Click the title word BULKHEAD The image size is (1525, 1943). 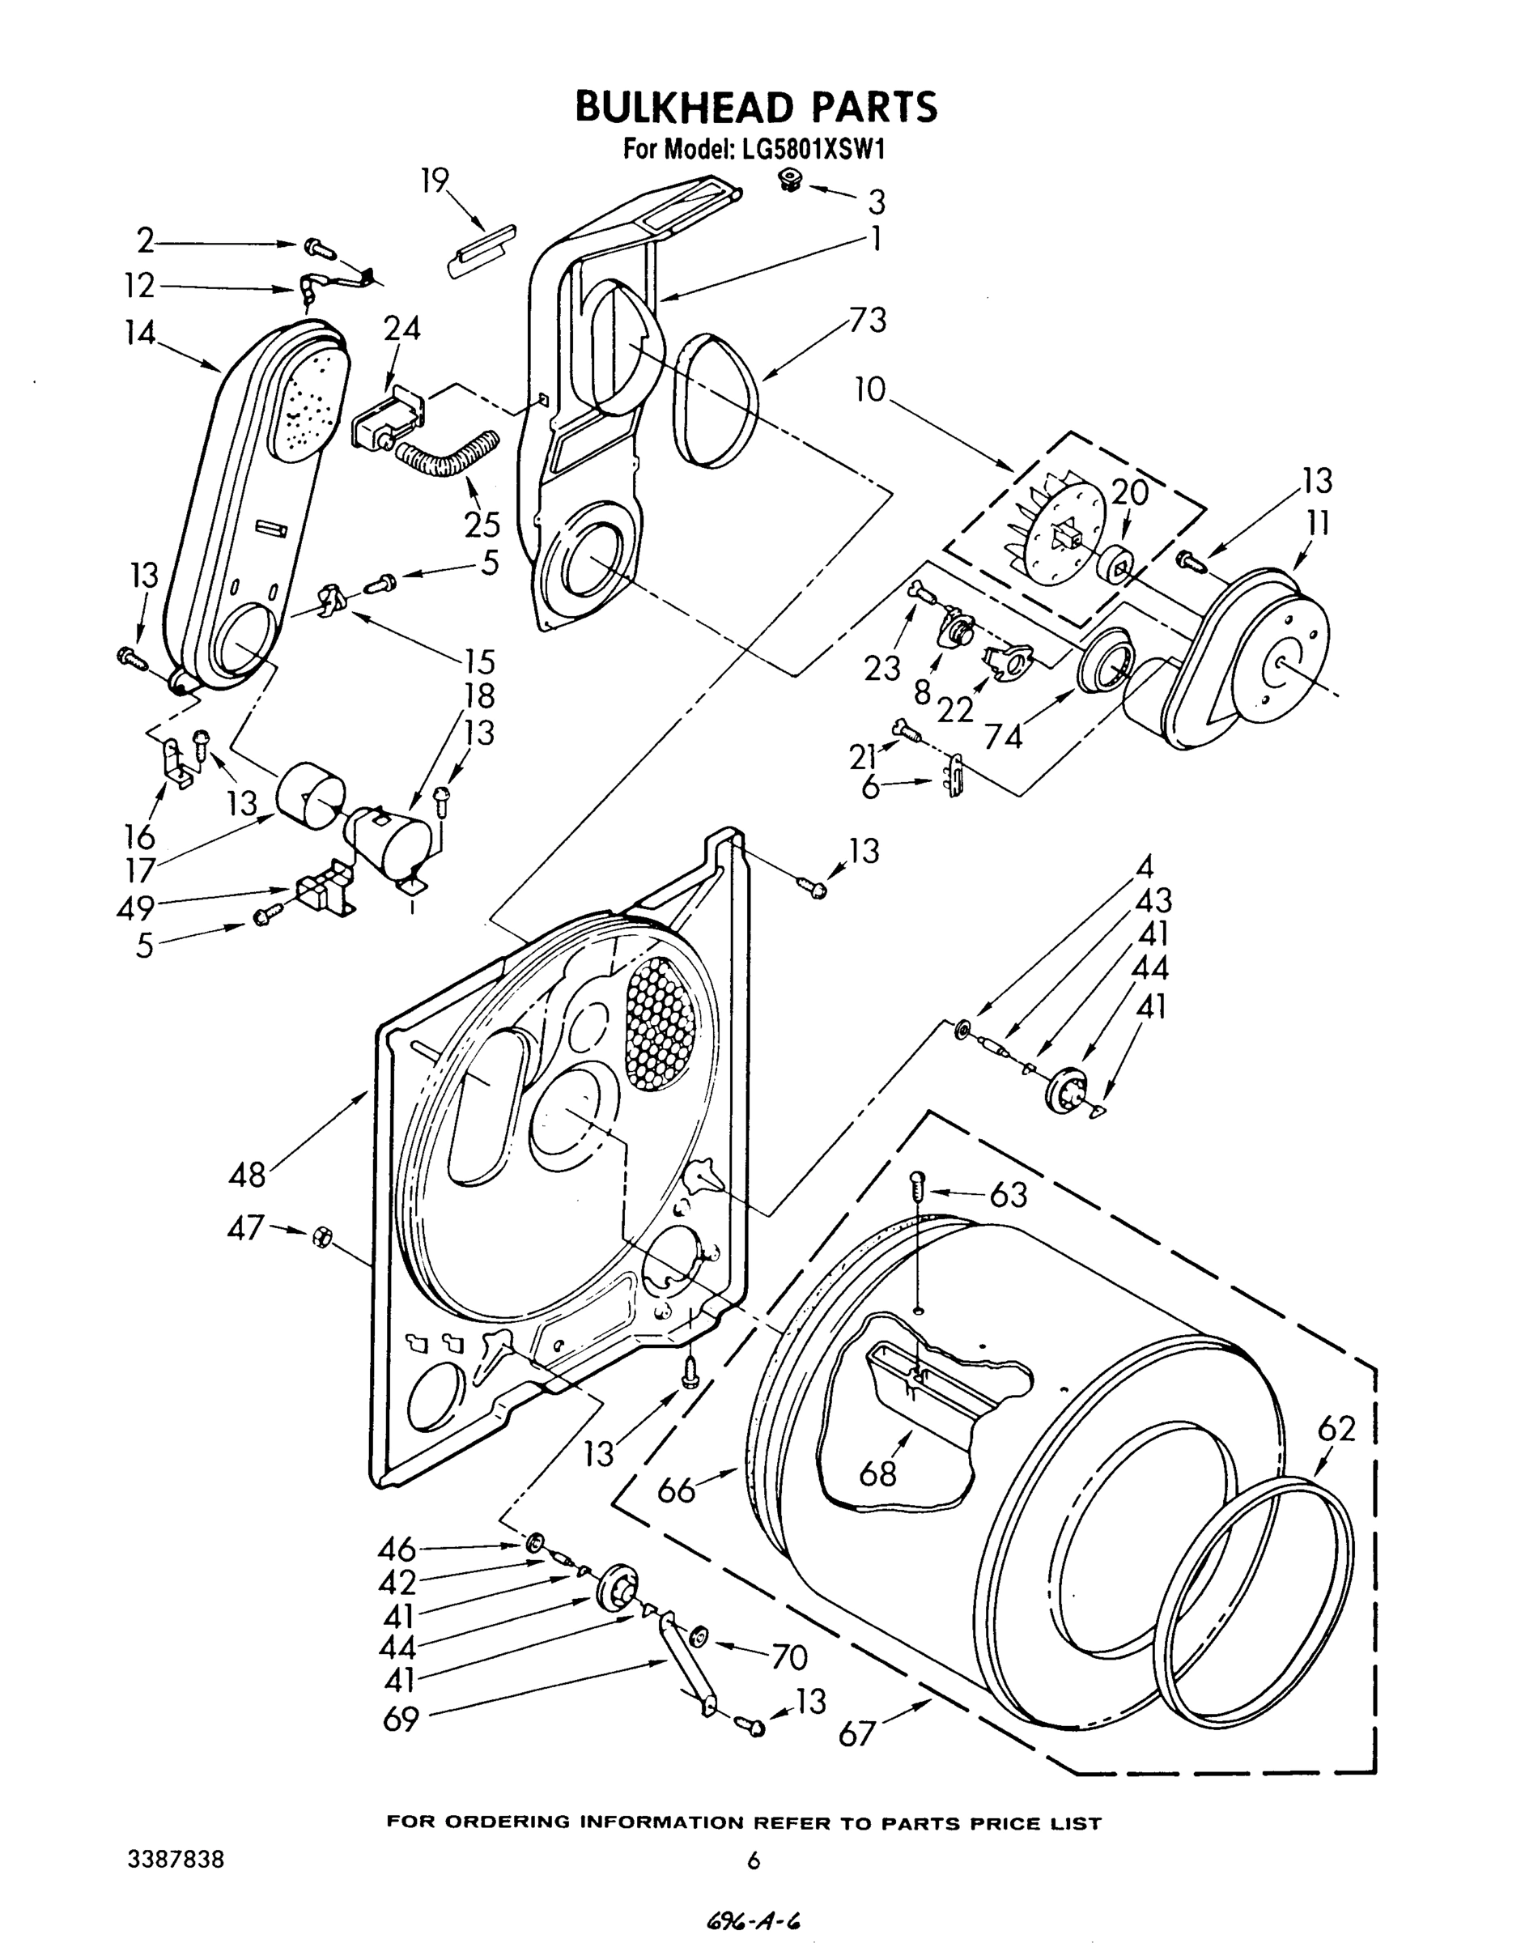[684, 106]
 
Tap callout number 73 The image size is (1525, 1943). [864, 320]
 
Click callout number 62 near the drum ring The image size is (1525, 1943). [1336, 1430]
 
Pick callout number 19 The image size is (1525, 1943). [435, 182]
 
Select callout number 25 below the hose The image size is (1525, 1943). [482, 524]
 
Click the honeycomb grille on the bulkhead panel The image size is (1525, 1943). [660, 1024]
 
